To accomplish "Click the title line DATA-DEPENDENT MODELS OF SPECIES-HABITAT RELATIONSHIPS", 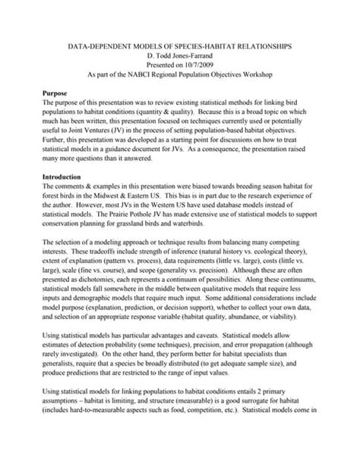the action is pos(179,46).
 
